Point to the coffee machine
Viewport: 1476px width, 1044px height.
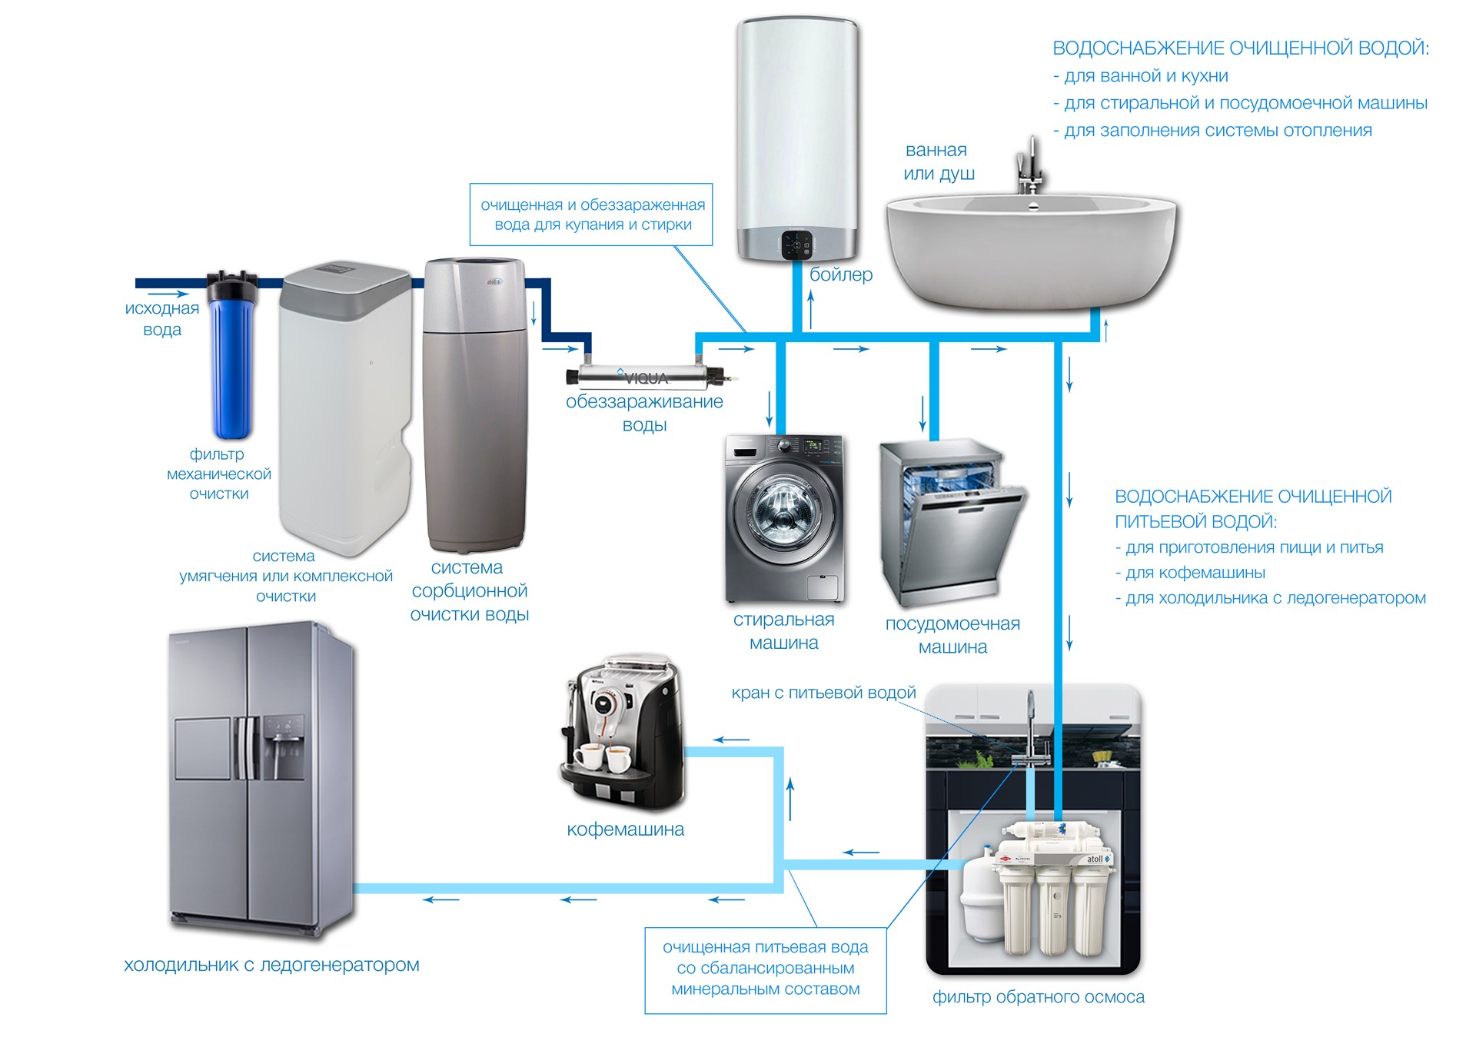pyautogui.click(x=623, y=733)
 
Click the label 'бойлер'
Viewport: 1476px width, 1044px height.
pyautogui.click(x=841, y=274)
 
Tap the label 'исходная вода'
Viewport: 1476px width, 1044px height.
pyautogui.click(x=162, y=319)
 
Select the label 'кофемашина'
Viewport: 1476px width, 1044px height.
pyautogui.click(x=625, y=830)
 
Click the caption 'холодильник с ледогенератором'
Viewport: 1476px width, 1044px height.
pyautogui.click(x=271, y=965)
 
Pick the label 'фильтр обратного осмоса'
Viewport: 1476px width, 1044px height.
pyautogui.click(x=1039, y=997)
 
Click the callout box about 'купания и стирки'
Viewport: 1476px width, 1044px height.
pyautogui.click(x=591, y=214)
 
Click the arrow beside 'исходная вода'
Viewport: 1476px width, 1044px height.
pyautogui.click(x=168, y=294)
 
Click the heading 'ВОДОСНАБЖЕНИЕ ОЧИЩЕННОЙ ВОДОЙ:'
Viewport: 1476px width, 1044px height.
pyautogui.click(x=1241, y=48)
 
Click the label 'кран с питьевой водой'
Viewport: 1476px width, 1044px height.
pyautogui.click(x=823, y=693)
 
